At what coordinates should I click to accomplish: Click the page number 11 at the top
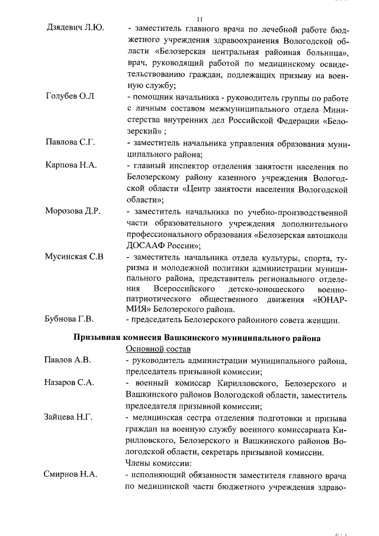191,18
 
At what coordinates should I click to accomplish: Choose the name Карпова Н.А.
71,165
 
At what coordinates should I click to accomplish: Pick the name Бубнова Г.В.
69,320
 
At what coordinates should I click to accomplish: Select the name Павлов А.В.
68,360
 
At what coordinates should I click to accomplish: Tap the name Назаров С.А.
70,383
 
